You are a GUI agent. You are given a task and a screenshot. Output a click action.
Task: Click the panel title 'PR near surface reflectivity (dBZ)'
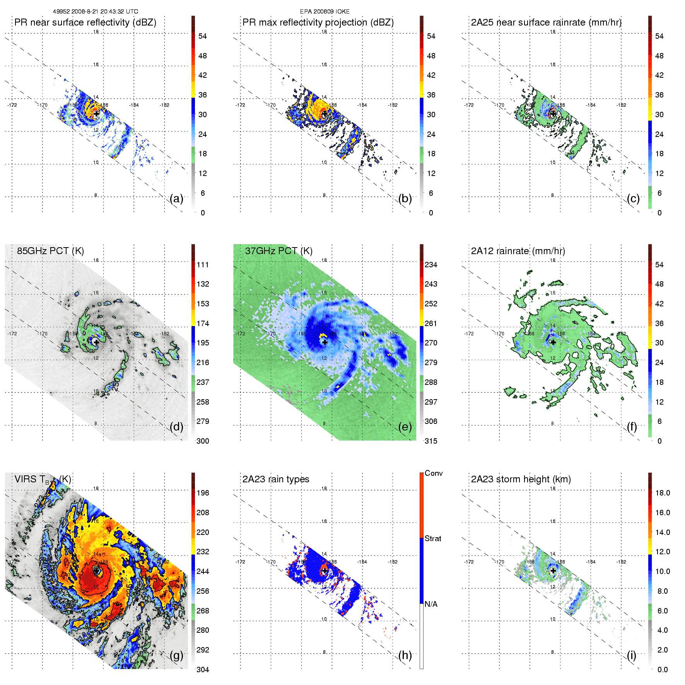coord(85,22)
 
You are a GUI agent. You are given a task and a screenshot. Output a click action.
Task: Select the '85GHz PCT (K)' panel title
coord(50,251)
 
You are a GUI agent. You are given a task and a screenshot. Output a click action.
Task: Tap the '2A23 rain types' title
coord(276,479)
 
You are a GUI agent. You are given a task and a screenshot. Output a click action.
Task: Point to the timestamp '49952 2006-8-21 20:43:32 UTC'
coord(96,12)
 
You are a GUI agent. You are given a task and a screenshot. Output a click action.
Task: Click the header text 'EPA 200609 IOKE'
coord(325,12)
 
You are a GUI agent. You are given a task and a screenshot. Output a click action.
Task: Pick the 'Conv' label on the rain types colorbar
coord(434,473)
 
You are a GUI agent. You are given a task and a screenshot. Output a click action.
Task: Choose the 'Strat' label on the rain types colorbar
coord(433,538)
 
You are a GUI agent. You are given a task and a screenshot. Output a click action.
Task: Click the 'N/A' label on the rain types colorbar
coord(431,604)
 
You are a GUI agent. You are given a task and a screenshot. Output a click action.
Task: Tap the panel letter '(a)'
coord(176,199)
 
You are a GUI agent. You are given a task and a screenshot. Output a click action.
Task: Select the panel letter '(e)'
coord(405,427)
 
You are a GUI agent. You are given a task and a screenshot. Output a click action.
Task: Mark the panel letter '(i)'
coord(631,655)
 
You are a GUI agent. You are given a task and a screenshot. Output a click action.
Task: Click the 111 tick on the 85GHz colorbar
coord(203,265)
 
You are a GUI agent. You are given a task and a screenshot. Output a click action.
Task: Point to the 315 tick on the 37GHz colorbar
coord(431,441)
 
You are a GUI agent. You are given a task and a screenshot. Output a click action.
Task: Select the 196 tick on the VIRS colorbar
coord(203,493)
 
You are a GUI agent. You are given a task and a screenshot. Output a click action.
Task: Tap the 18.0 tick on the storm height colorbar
coord(663,493)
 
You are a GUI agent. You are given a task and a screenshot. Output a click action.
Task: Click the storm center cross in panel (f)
coord(553,342)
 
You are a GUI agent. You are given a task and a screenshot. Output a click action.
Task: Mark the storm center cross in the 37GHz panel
coord(325,342)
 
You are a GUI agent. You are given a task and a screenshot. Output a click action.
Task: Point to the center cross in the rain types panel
coord(325,571)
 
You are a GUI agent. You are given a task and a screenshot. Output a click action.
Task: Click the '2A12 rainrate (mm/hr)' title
coord(518,251)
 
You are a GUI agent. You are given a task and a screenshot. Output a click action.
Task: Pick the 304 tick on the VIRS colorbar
coord(203,670)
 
